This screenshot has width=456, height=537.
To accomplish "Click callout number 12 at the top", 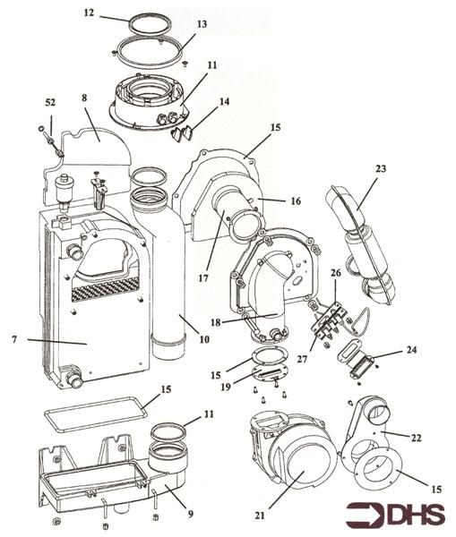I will click(x=113, y=14).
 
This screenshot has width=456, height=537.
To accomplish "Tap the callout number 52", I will click(x=50, y=103).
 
